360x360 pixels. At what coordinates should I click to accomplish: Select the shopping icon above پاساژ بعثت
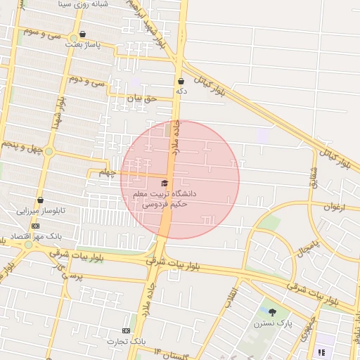tap(83, 34)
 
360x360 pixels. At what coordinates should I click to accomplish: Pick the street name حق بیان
tap(139, 99)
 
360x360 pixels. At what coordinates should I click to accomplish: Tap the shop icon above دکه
tap(181, 81)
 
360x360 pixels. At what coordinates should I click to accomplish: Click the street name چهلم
tap(106, 172)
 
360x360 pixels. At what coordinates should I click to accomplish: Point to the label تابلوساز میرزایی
tap(40, 210)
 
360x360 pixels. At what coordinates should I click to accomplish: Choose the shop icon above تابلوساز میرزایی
tap(40, 200)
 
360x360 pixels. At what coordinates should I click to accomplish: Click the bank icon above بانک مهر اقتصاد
tap(35, 226)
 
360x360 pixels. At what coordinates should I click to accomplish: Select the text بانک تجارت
tap(126, 341)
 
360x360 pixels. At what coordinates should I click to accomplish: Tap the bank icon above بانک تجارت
tap(126, 330)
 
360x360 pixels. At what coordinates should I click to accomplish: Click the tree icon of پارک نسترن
tap(272, 311)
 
